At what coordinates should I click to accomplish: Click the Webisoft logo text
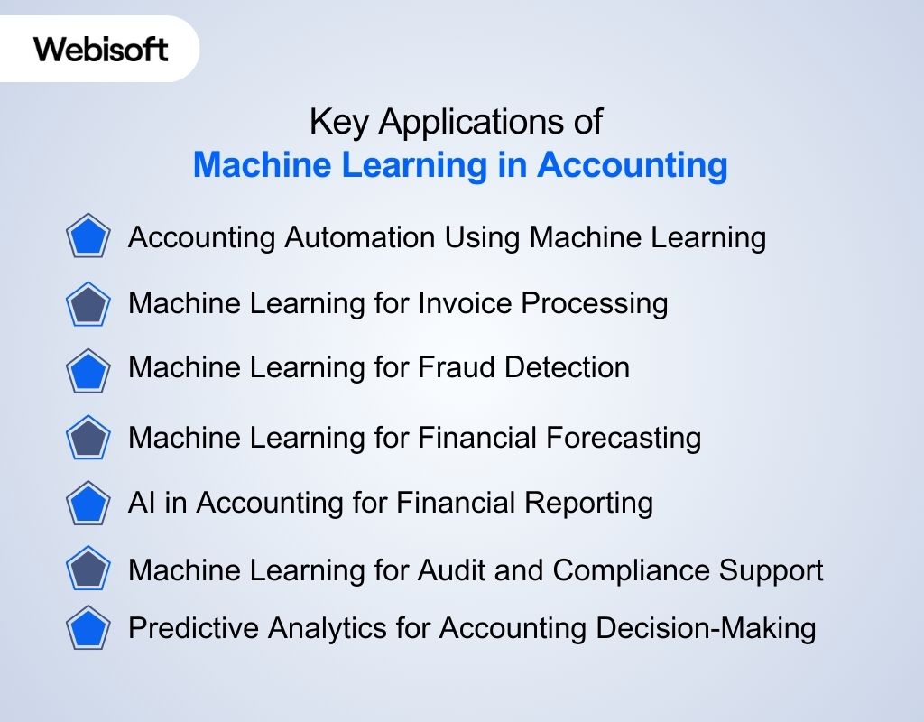tap(101, 49)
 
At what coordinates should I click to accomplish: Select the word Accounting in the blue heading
tap(633, 166)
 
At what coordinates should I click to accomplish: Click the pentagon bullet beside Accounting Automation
tap(88, 238)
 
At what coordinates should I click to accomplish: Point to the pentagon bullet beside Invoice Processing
tap(88, 304)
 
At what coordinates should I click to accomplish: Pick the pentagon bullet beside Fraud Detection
tap(88, 370)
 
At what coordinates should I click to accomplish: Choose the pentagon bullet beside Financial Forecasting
tap(88, 438)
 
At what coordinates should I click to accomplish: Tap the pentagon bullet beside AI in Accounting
tap(88, 504)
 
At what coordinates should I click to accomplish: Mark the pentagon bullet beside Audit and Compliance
tap(88, 569)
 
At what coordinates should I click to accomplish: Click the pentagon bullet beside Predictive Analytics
tap(88, 628)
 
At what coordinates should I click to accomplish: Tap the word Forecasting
tap(624, 438)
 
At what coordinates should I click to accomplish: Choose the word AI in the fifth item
tap(141, 502)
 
